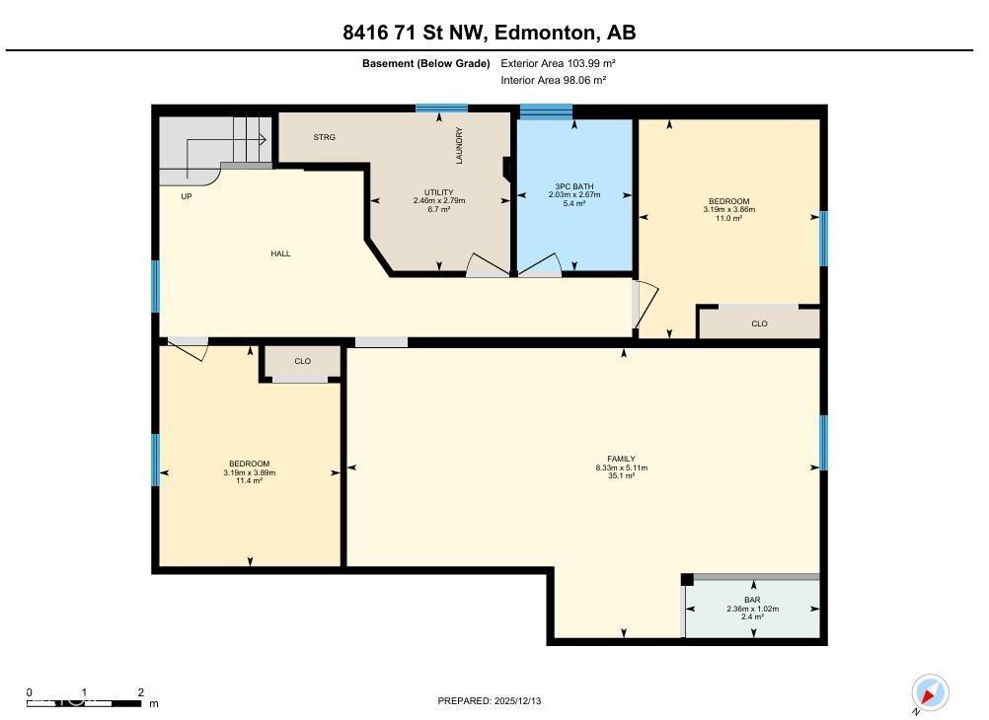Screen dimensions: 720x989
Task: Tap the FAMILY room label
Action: (x=621, y=459)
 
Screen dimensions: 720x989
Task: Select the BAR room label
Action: (x=752, y=600)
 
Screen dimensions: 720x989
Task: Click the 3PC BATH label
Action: (x=573, y=185)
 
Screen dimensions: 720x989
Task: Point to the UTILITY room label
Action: (x=438, y=192)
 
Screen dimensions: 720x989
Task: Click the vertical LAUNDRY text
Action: (x=459, y=145)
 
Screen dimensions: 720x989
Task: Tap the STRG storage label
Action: (x=324, y=137)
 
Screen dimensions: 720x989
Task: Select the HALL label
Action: (x=280, y=253)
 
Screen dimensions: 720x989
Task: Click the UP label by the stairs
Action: (x=186, y=196)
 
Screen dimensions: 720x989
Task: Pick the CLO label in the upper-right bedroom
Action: (x=759, y=324)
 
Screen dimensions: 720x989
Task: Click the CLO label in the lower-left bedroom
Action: (x=302, y=361)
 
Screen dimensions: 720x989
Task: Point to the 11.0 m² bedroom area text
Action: (x=728, y=218)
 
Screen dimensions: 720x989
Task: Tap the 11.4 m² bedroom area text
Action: (x=249, y=480)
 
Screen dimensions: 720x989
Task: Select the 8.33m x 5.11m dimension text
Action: (x=621, y=468)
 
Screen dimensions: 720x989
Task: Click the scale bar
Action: (x=84, y=702)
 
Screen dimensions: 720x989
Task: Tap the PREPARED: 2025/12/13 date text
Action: (x=490, y=701)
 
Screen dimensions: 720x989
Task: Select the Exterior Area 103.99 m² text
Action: (x=559, y=63)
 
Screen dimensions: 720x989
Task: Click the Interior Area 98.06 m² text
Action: (x=553, y=81)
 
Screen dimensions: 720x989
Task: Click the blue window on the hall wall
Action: (x=155, y=286)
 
